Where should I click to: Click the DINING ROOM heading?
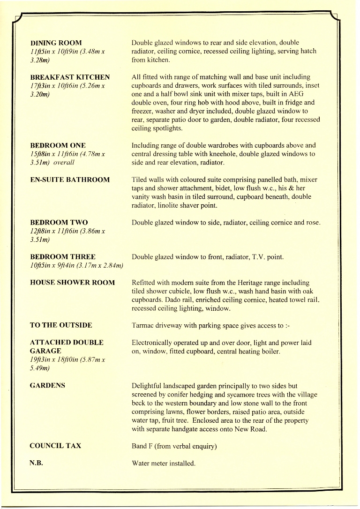point(56,43)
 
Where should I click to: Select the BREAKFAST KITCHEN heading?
point(70,77)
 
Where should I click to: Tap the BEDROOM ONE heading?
point(58,145)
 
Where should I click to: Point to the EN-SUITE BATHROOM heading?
point(70,180)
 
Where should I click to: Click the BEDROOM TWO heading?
point(59,222)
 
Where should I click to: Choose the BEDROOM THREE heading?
point(63,257)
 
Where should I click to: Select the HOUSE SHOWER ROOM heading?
point(72,283)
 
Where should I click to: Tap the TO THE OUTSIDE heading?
point(61,325)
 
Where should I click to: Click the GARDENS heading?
point(47,385)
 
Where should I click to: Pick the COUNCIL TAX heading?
point(55,446)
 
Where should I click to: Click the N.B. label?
point(37,463)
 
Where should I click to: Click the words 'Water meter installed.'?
point(163,464)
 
